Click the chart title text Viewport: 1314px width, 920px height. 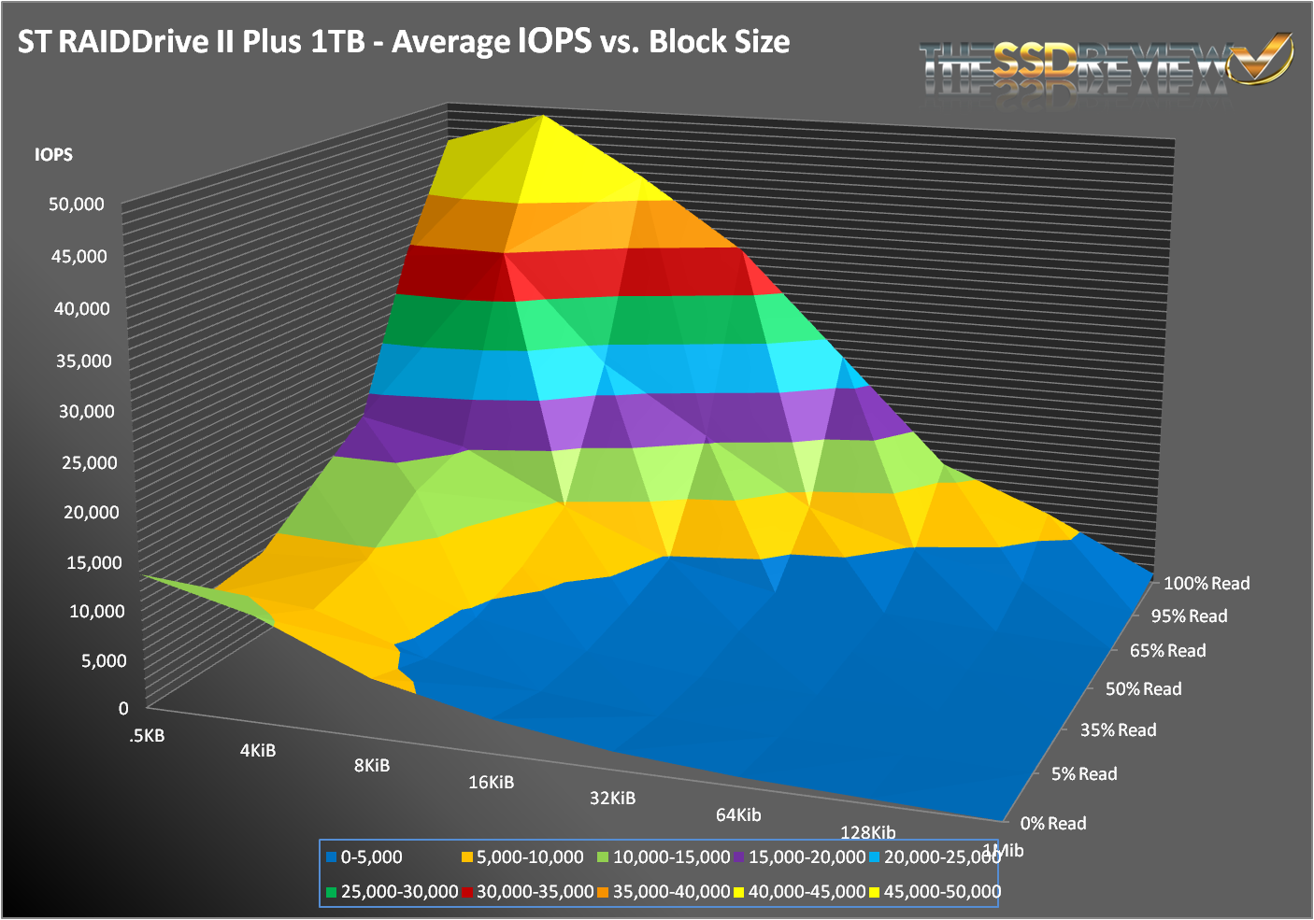point(404,42)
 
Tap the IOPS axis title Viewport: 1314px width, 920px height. point(53,155)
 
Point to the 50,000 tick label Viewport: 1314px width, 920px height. point(77,205)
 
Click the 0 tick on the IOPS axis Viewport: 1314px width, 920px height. point(123,709)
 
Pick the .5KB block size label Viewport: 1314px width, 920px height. point(148,736)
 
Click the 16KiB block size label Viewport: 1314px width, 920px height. point(492,783)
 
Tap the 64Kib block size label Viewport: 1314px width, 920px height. point(738,815)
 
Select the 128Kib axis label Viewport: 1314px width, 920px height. point(868,833)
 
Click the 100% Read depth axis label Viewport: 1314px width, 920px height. point(1206,584)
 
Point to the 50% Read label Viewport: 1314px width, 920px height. point(1143,689)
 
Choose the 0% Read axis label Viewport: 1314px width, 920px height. point(1053,824)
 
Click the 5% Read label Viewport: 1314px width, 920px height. point(1084,774)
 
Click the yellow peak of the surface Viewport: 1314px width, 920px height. point(542,121)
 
